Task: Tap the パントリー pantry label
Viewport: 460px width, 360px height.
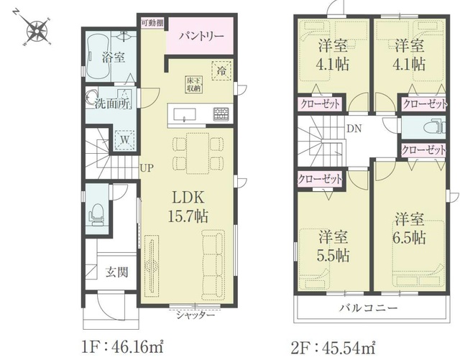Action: click(x=201, y=37)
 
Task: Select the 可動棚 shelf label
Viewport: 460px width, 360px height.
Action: click(x=152, y=23)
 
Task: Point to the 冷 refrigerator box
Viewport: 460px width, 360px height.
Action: click(x=221, y=70)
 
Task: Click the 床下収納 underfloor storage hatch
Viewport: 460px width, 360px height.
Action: click(x=193, y=85)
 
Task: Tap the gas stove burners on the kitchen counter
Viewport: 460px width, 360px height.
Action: click(x=222, y=114)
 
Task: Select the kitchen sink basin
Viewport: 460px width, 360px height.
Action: click(x=185, y=114)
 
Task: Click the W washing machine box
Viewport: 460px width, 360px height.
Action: click(x=124, y=140)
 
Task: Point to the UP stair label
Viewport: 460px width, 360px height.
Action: click(x=147, y=168)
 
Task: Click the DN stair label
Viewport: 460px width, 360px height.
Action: click(x=354, y=129)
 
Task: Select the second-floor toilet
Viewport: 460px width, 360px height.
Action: click(x=435, y=127)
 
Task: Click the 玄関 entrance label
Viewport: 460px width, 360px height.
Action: click(x=116, y=272)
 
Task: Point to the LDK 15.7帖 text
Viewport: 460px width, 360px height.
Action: click(x=188, y=206)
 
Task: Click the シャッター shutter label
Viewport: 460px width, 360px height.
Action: click(x=195, y=315)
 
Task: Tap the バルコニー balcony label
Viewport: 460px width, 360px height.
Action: click(x=369, y=308)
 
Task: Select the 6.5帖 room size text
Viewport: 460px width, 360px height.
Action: click(x=409, y=238)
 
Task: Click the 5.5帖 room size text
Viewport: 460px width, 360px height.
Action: click(x=333, y=256)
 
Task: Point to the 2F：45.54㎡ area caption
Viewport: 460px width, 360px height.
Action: click(x=333, y=349)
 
